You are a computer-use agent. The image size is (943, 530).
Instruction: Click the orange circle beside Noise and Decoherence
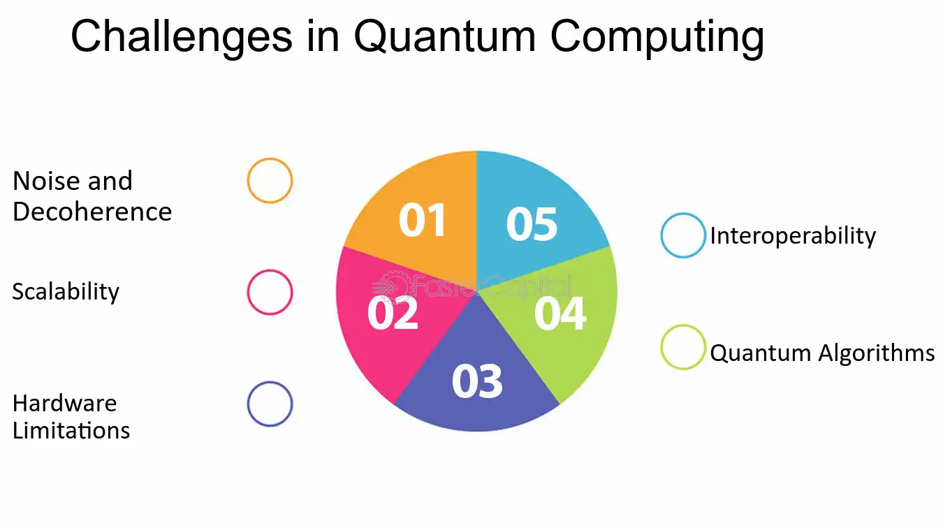(x=270, y=181)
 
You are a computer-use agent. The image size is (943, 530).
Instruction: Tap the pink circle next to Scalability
(x=270, y=292)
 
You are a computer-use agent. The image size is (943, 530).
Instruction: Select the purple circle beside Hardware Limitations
(x=270, y=404)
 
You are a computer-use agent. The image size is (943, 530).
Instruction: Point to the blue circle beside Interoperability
(x=683, y=235)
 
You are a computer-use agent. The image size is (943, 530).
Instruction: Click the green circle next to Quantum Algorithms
(x=683, y=347)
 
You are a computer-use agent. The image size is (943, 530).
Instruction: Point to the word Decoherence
(x=92, y=212)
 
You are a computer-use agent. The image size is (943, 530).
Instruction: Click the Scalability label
(x=66, y=291)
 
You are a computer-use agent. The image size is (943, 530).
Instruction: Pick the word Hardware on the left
(x=65, y=403)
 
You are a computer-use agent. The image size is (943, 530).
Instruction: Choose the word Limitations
(x=71, y=430)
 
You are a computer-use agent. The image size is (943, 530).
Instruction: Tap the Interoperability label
(x=793, y=236)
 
